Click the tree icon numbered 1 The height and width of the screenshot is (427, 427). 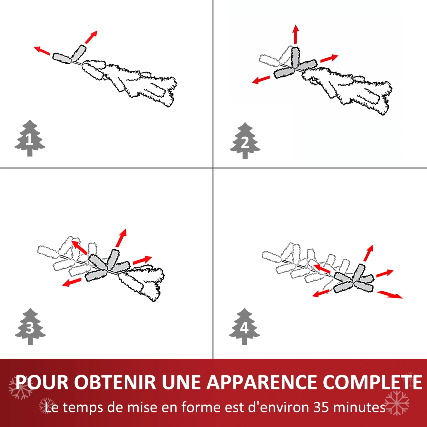tap(30, 138)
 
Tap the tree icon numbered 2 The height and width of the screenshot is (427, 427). tap(245, 141)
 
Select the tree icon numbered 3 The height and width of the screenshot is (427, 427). tap(30, 327)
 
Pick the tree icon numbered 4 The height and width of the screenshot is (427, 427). tap(244, 327)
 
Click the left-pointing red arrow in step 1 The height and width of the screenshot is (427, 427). tap(42, 50)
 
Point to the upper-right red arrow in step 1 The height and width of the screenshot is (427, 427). tap(91, 37)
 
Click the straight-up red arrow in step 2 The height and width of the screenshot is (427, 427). tap(296, 34)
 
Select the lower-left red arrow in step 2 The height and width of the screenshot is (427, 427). tap(261, 80)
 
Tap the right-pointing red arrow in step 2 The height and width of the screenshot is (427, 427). tap(329, 58)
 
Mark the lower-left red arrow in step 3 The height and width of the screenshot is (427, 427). tap(72, 282)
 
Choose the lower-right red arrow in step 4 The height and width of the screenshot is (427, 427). tap(390, 294)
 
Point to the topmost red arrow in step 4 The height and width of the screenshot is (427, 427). tap(368, 253)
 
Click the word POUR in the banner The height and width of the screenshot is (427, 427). tap(42, 382)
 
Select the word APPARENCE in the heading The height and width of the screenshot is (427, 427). tap(262, 382)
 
